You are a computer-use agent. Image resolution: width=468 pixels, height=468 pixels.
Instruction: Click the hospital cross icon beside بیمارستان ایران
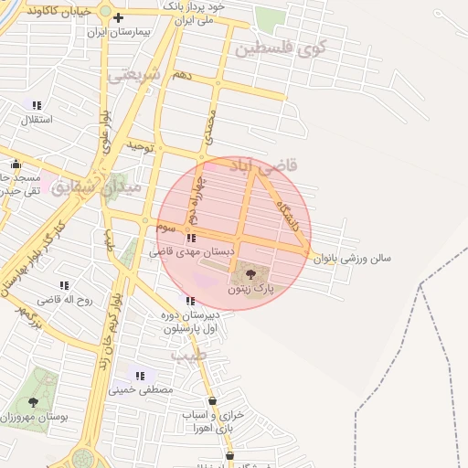[x=118, y=17]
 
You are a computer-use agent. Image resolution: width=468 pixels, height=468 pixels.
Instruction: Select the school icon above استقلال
[x=37, y=105]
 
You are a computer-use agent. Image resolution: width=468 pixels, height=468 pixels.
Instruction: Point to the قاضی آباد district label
[x=273, y=167]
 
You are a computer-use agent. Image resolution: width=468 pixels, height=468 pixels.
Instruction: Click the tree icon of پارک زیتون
[x=251, y=274]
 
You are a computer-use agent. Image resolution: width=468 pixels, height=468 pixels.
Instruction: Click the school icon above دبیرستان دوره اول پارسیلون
[x=190, y=301]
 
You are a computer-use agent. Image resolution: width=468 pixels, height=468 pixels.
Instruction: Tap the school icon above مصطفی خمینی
[x=141, y=376]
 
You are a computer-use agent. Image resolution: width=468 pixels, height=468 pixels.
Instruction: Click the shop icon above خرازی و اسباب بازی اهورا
[x=212, y=400]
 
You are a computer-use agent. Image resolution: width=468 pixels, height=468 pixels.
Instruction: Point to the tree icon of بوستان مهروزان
[x=33, y=401]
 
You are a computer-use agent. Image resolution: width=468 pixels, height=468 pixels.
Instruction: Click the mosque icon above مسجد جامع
[x=14, y=165]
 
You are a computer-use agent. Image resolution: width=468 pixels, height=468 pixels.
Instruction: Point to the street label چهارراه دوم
[x=193, y=200]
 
